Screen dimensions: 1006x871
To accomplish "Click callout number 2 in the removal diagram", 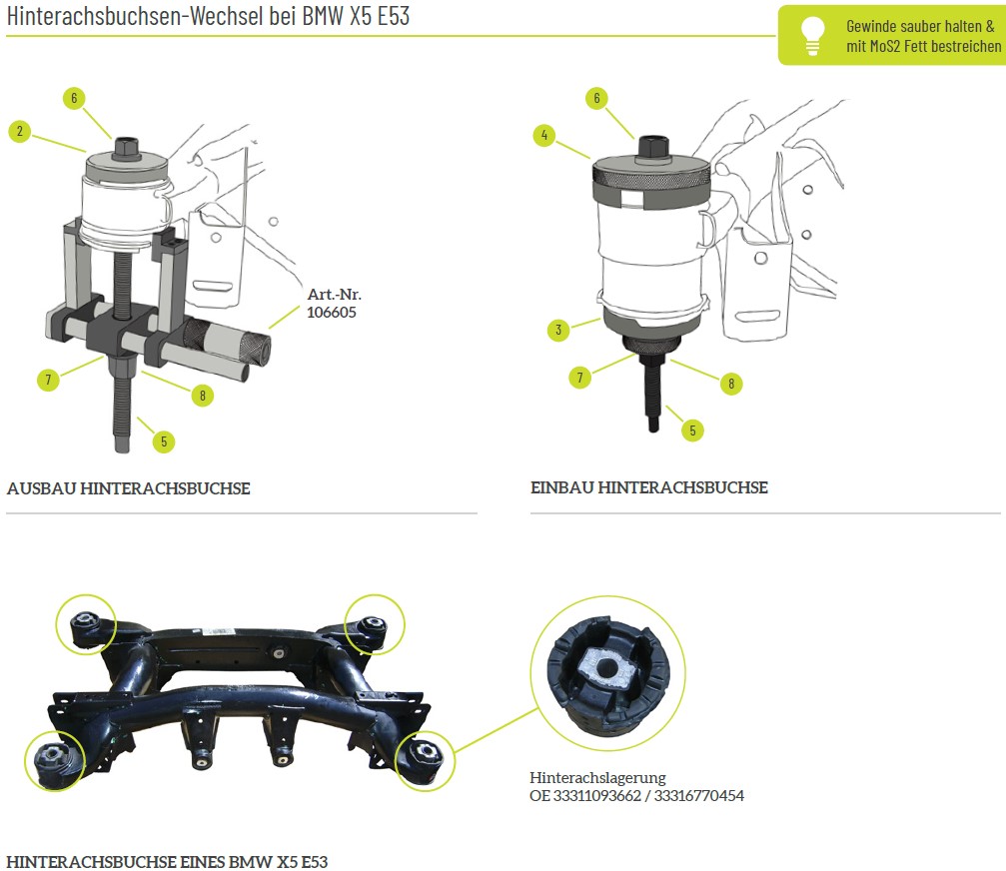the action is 20,131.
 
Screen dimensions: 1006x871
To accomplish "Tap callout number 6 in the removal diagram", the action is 74,98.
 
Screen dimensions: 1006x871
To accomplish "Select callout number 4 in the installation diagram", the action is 544,135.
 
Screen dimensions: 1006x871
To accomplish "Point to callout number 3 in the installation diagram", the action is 558,330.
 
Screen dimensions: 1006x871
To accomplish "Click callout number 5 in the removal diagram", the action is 164,441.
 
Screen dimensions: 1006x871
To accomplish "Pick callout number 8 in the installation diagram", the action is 730,384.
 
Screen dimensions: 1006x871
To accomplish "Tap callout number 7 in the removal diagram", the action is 48,379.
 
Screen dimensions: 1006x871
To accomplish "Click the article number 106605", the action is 331,313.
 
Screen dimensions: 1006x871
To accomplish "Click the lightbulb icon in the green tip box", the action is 812,35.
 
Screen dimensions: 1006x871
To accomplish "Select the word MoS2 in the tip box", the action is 886,46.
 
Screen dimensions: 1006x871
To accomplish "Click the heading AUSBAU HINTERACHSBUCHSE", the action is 128,488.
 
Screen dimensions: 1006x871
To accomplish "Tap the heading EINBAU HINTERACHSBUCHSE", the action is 648,487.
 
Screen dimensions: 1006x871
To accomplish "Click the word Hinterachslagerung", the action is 597,777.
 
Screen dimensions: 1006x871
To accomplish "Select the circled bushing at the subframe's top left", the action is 85,624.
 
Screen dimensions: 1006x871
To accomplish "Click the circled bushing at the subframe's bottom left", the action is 55,761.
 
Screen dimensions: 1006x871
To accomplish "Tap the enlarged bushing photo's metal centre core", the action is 605,668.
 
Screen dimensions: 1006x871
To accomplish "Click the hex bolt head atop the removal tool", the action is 127,147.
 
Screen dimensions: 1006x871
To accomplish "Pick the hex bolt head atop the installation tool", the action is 653,148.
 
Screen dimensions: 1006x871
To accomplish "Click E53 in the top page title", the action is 394,16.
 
